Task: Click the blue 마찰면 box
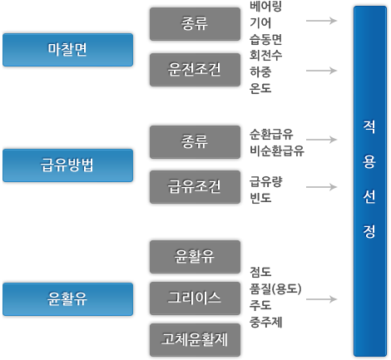point(68,50)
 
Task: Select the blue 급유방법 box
point(68,165)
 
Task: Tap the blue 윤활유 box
point(68,299)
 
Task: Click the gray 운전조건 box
point(195,70)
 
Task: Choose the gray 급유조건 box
point(195,187)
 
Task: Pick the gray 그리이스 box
point(195,298)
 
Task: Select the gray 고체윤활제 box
point(195,340)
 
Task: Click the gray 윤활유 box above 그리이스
point(195,257)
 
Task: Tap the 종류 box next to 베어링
point(195,24)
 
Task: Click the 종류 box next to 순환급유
point(195,142)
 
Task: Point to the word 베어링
point(265,7)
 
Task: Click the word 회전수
point(265,56)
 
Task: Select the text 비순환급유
point(277,151)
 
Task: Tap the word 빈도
point(260,199)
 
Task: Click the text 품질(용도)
point(275,289)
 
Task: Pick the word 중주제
point(265,323)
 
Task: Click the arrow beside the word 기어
point(321,21)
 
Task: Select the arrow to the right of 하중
point(321,71)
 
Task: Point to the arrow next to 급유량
point(321,187)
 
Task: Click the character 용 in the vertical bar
point(369,162)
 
